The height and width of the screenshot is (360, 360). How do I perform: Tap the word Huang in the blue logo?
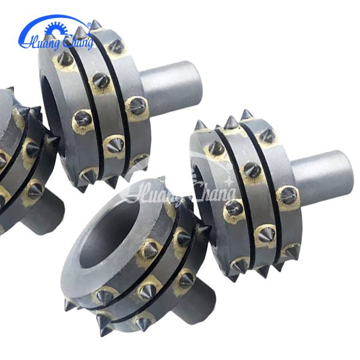(x=40, y=43)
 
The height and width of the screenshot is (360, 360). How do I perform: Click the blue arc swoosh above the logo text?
(x=53, y=17)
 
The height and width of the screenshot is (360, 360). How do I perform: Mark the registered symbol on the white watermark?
(x=229, y=166)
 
